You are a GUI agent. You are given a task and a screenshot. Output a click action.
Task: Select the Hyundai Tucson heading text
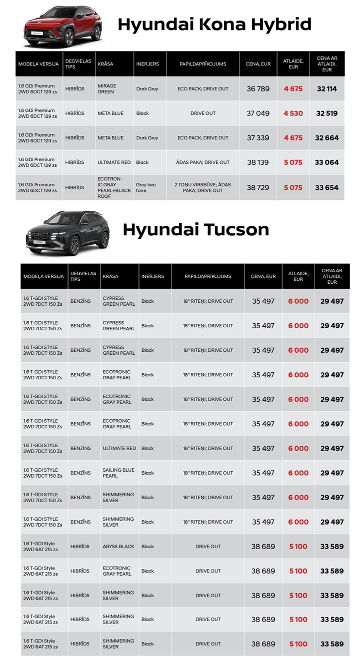pos(195,229)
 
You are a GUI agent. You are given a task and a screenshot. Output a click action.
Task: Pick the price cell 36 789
pos(258,89)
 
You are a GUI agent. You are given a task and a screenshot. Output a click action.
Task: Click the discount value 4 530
pos(293,113)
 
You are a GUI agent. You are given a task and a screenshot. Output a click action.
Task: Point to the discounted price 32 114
pos(327,89)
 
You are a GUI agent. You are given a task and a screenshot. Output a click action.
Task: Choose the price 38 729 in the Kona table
pos(258,187)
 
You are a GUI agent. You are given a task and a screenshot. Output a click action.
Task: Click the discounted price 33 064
pos(327,162)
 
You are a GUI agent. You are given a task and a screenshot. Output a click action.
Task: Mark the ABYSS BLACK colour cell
pos(118,547)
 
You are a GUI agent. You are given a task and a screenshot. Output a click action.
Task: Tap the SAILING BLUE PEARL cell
pos(118,473)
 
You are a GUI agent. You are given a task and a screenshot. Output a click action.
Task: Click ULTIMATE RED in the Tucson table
pos(119,448)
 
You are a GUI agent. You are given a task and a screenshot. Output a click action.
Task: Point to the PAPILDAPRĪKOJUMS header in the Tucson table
pos(207,276)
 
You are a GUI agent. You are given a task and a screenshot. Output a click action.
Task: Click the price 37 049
pos(258,113)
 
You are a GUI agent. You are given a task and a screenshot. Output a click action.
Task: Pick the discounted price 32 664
pos(327,138)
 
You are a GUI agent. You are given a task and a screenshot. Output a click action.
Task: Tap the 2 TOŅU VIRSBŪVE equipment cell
pos(203,187)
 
